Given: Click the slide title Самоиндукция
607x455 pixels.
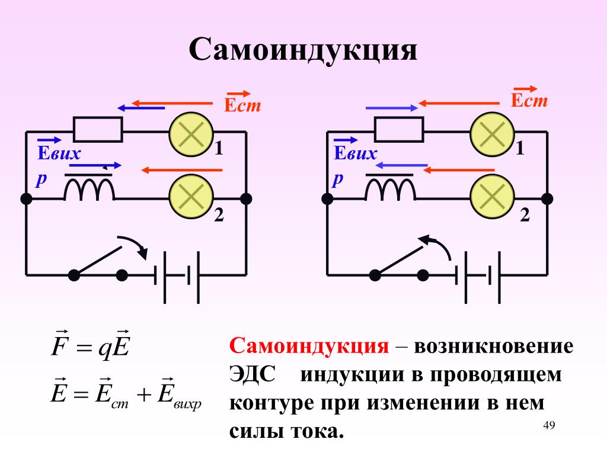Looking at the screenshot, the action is [303, 50].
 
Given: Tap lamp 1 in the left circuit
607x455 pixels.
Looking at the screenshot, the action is [191, 134].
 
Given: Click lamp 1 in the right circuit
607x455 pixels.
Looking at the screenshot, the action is [493, 134].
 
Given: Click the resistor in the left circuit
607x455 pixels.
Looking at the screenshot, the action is [98, 129].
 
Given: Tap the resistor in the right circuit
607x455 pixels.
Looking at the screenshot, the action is [399, 129].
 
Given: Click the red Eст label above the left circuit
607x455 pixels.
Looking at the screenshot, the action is [242, 101].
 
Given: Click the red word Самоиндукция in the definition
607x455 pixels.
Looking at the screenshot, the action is [309, 346].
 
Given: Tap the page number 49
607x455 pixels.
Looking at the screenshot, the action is [549, 425].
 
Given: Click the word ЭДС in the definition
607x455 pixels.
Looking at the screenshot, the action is [253, 374].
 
